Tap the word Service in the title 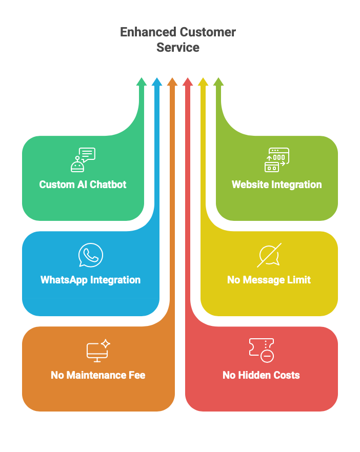click(x=178, y=48)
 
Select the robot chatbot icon click(x=83, y=160)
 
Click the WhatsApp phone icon click(x=91, y=255)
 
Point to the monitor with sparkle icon click(x=98, y=351)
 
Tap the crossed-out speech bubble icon click(x=269, y=255)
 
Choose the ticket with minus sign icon click(x=261, y=351)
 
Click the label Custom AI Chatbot click(x=83, y=184)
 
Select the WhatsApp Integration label click(x=90, y=280)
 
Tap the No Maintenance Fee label click(x=98, y=375)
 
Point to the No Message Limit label click(x=269, y=280)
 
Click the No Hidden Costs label click(x=261, y=375)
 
